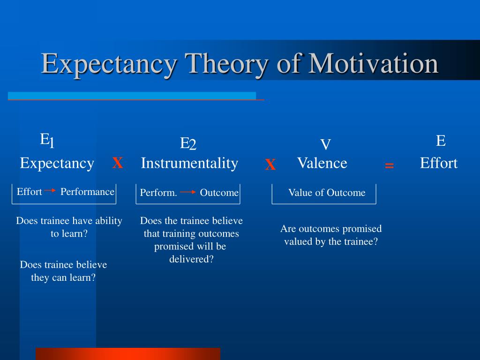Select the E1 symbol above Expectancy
[47, 141]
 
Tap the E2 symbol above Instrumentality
[188, 143]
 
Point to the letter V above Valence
[325, 144]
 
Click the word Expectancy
[57, 164]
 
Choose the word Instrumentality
[189, 164]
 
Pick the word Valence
[322, 163]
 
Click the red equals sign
[389, 165]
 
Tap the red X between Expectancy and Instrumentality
[118, 163]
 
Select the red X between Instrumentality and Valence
[270, 165]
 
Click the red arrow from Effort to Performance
[50, 190]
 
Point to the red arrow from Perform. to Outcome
[188, 192]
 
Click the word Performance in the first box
[87, 192]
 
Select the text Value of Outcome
[327, 193]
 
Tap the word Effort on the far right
[439, 163]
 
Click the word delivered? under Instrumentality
[191, 259]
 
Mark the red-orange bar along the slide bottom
[128, 354]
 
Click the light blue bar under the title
[132, 96]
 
